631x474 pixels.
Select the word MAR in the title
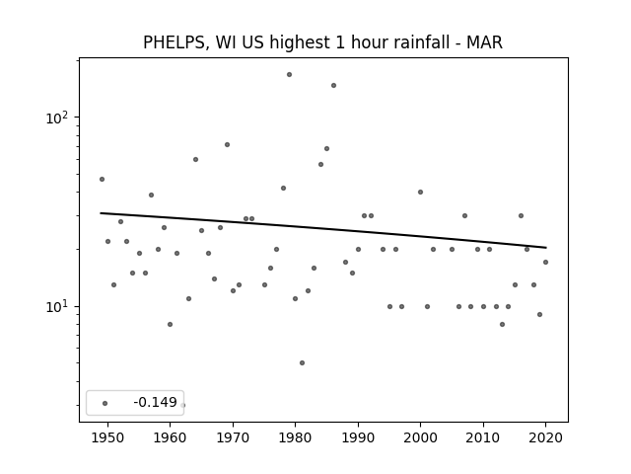pos(484,41)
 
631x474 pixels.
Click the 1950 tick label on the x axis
pos(107,437)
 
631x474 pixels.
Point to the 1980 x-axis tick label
pos(296,437)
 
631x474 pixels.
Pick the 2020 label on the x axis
pos(545,437)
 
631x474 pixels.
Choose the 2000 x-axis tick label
pos(421,437)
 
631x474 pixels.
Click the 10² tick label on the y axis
pos(56,118)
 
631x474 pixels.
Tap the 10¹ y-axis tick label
pos(56,307)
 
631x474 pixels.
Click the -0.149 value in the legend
pos(155,402)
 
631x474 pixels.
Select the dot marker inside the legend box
pos(105,403)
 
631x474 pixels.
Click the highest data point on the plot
pos(289,75)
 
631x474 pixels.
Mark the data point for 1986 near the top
pos(333,86)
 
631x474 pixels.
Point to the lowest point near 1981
pos(303,362)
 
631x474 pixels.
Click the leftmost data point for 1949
pos(102,179)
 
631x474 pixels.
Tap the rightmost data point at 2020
pos(545,262)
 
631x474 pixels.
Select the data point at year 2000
pos(421,192)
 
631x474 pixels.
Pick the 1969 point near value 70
pos(227,145)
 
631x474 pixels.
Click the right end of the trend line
pos(546,248)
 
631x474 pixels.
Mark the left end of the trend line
pos(101,213)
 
